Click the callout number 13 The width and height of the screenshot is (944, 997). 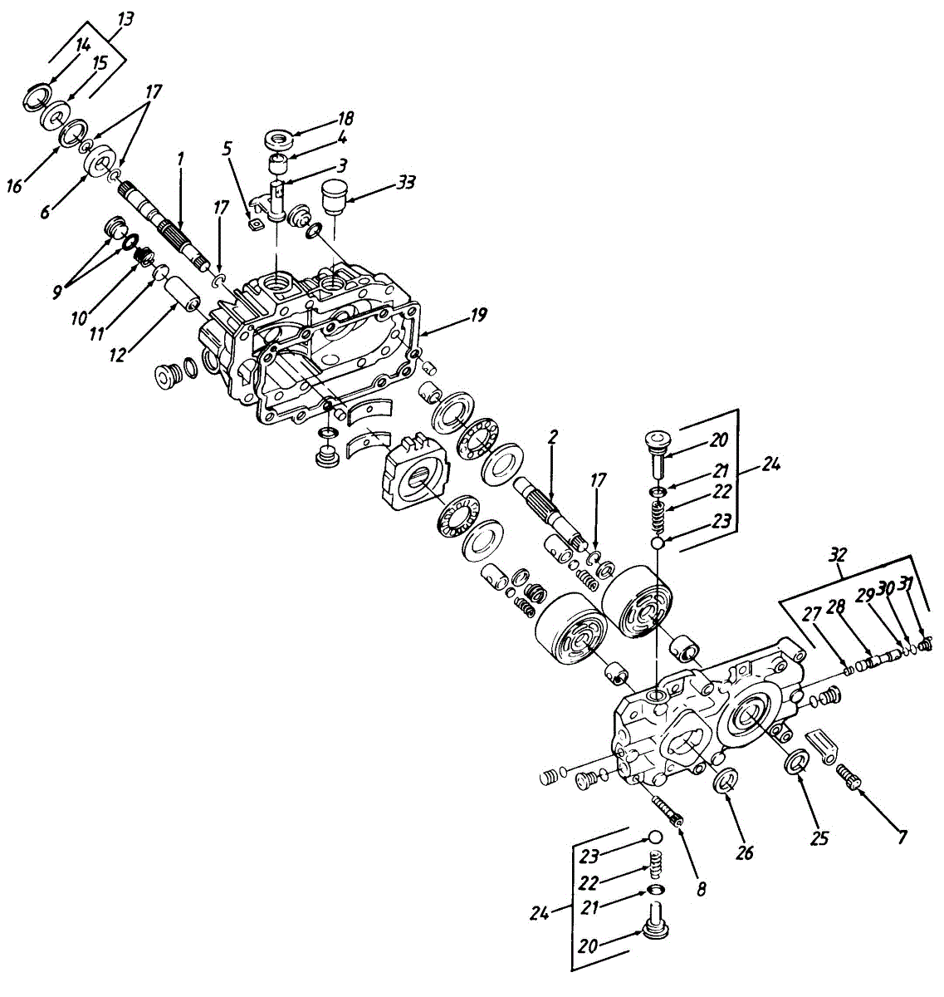(x=125, y=18)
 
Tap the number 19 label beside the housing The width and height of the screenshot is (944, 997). (x=477, y=315)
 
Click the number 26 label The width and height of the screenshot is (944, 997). (x=745, y=854)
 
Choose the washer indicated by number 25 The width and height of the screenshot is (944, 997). (x=796, y=761)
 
